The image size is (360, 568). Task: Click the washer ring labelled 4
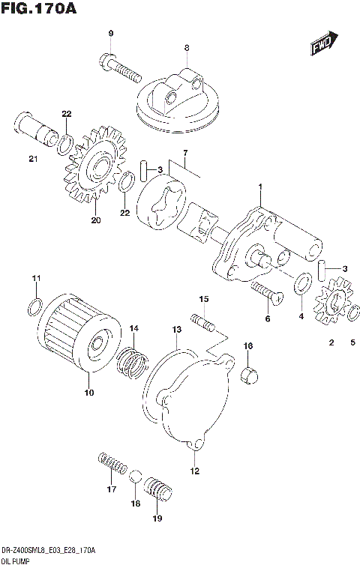point(302,284)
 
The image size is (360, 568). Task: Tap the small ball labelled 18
point(136,480)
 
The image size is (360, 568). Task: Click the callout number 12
point(194,471)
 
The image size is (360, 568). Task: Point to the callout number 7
point(184,153)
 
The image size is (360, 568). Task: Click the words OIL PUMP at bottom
point(17,561)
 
